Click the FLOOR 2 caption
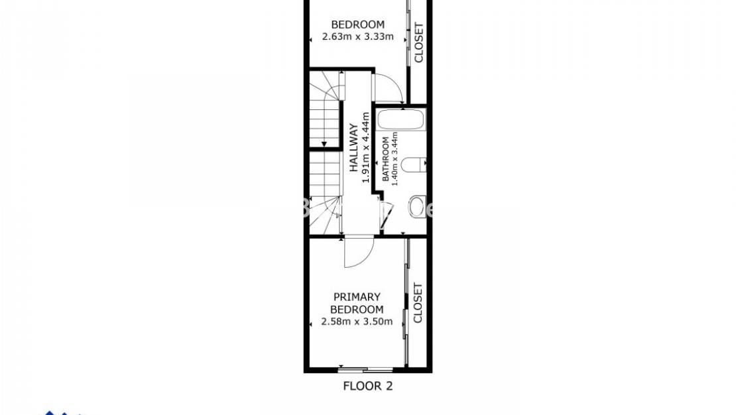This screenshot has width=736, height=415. pyautogui.click(x=367, y=386)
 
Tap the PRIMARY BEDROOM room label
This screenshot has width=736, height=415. pyautogui.click(x=357, y=303)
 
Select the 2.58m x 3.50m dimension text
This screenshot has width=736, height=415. pyautogui.click(x=357, y=322)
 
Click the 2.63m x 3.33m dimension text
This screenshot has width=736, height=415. pyautogui.click(x=357, y=36)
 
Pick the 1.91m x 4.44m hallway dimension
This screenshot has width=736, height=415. pyautogui.click(x=365, y=152)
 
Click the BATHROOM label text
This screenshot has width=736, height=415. pyautogui.click(x=385, y=159)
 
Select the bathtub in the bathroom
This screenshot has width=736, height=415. pyautogui.click(x=400, y=121)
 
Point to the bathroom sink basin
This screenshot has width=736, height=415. pyautogui.click(x=417, y=207)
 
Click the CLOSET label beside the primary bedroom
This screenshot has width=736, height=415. pyautogui.click(x=418, y=303)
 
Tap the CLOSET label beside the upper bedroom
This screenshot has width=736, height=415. pyautogui.click(x=418, y=43)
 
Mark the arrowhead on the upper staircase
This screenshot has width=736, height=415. pyautogui.click(x=324, y=143)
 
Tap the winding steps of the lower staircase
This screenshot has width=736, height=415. pyautogui.click(x=325, y=215)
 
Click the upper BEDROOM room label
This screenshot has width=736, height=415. pyautogui.click(x=357, y=25)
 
